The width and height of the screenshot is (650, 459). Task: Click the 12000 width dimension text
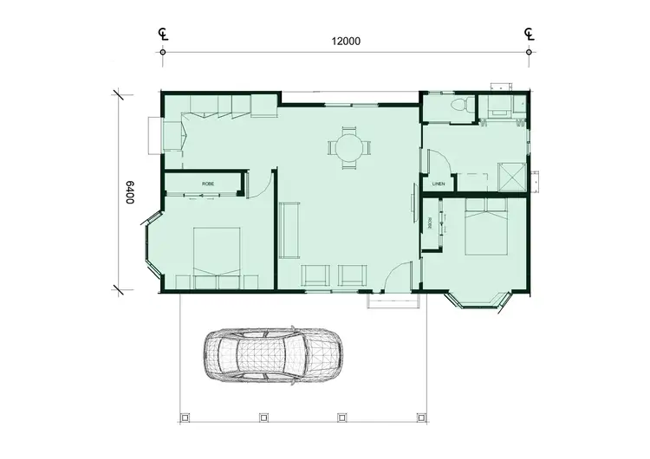[345, 41]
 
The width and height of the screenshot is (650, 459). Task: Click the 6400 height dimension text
[129, 192]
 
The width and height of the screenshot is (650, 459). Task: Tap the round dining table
[348, 147]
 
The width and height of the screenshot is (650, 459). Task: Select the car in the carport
[271, 353]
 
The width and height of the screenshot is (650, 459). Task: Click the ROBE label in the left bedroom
[208, 184]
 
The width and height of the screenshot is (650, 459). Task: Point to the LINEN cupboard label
[439, 184]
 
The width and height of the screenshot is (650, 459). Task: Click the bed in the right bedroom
[485, 226]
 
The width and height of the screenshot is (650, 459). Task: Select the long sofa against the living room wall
[289, 229]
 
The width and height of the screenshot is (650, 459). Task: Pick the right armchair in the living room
[352, 275]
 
